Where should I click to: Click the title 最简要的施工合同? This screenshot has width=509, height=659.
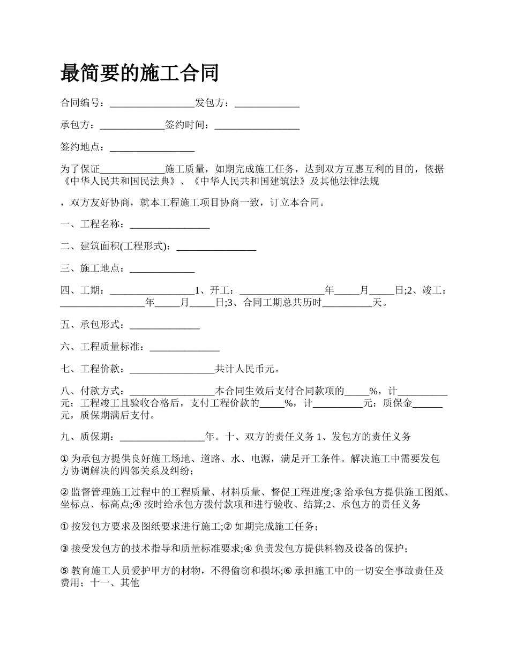coord(140,72)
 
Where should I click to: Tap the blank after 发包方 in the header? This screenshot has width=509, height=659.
coord(267,103)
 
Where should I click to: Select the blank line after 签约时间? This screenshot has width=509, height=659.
coord(257,125)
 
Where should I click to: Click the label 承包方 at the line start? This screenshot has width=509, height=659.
coord(75,125)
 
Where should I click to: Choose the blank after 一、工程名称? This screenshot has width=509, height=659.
coord(169,224)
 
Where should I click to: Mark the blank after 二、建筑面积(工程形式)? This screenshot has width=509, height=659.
coord(216,246)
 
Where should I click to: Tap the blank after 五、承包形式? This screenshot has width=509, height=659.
coord(164,325)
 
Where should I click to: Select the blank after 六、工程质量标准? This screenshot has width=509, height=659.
coord(184,347)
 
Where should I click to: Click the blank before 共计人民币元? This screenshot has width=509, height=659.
coord(172,369)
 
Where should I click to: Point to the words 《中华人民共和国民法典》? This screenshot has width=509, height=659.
coord(118,182)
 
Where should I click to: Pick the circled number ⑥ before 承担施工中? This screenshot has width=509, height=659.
coord(288,571)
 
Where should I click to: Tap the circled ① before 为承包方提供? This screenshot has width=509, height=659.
coord(65,459)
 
